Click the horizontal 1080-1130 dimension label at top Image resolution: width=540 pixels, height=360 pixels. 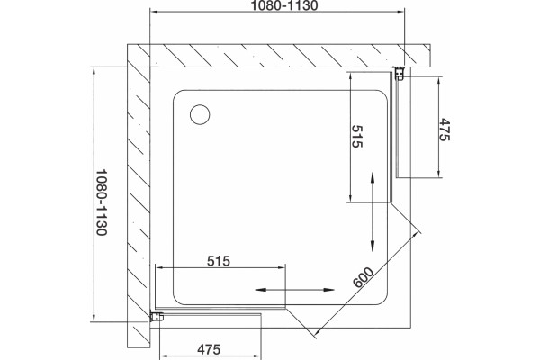point(284,5)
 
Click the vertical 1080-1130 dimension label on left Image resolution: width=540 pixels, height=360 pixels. point(102,202)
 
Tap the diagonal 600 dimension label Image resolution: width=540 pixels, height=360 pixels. point(363,277)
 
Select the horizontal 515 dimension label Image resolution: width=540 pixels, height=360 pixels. point(219,261)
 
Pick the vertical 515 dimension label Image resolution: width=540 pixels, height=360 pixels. point(357,137)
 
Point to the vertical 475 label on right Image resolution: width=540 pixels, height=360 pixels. point(445,130)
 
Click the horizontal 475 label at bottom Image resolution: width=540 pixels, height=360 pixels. point(209,349)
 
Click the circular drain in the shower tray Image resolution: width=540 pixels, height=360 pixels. point(200,114)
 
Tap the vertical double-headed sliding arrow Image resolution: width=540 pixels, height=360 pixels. point(373,211)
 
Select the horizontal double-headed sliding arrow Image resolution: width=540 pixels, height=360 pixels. point(295,290)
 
